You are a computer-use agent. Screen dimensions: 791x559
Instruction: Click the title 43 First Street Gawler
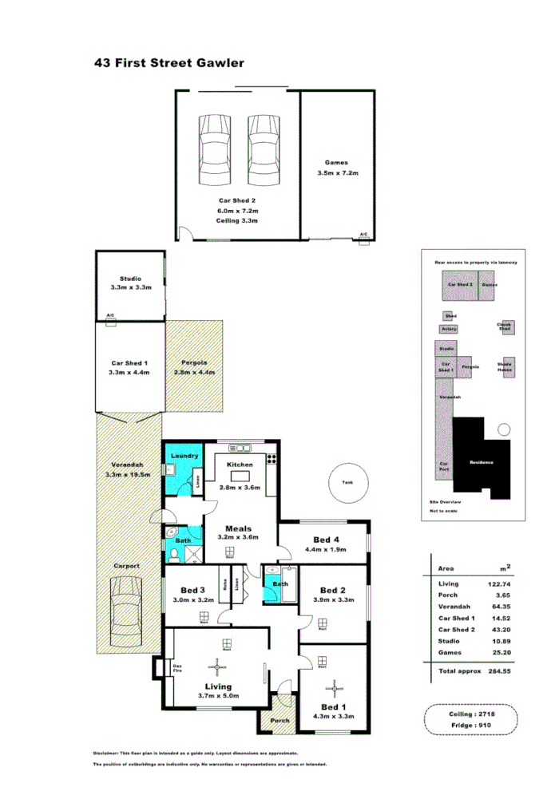coord(168,62)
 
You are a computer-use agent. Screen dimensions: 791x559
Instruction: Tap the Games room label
coord(336,163)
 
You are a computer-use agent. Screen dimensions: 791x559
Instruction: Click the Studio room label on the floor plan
coord(130,279)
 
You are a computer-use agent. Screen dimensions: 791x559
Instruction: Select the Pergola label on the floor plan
coord(195,362)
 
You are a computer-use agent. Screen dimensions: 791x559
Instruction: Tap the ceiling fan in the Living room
coord(217,664)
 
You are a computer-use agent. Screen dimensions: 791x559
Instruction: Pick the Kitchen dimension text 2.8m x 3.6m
coord(240,487)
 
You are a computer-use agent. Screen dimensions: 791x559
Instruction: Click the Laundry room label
coord(184,456)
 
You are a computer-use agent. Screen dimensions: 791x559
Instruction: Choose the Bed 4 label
coord(327,540)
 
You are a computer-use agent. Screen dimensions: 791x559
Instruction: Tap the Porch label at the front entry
coord(279,721)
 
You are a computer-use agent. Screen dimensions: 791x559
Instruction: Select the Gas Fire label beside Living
coord(178,668)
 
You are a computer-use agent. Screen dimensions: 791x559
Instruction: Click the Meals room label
coord(238,528)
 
